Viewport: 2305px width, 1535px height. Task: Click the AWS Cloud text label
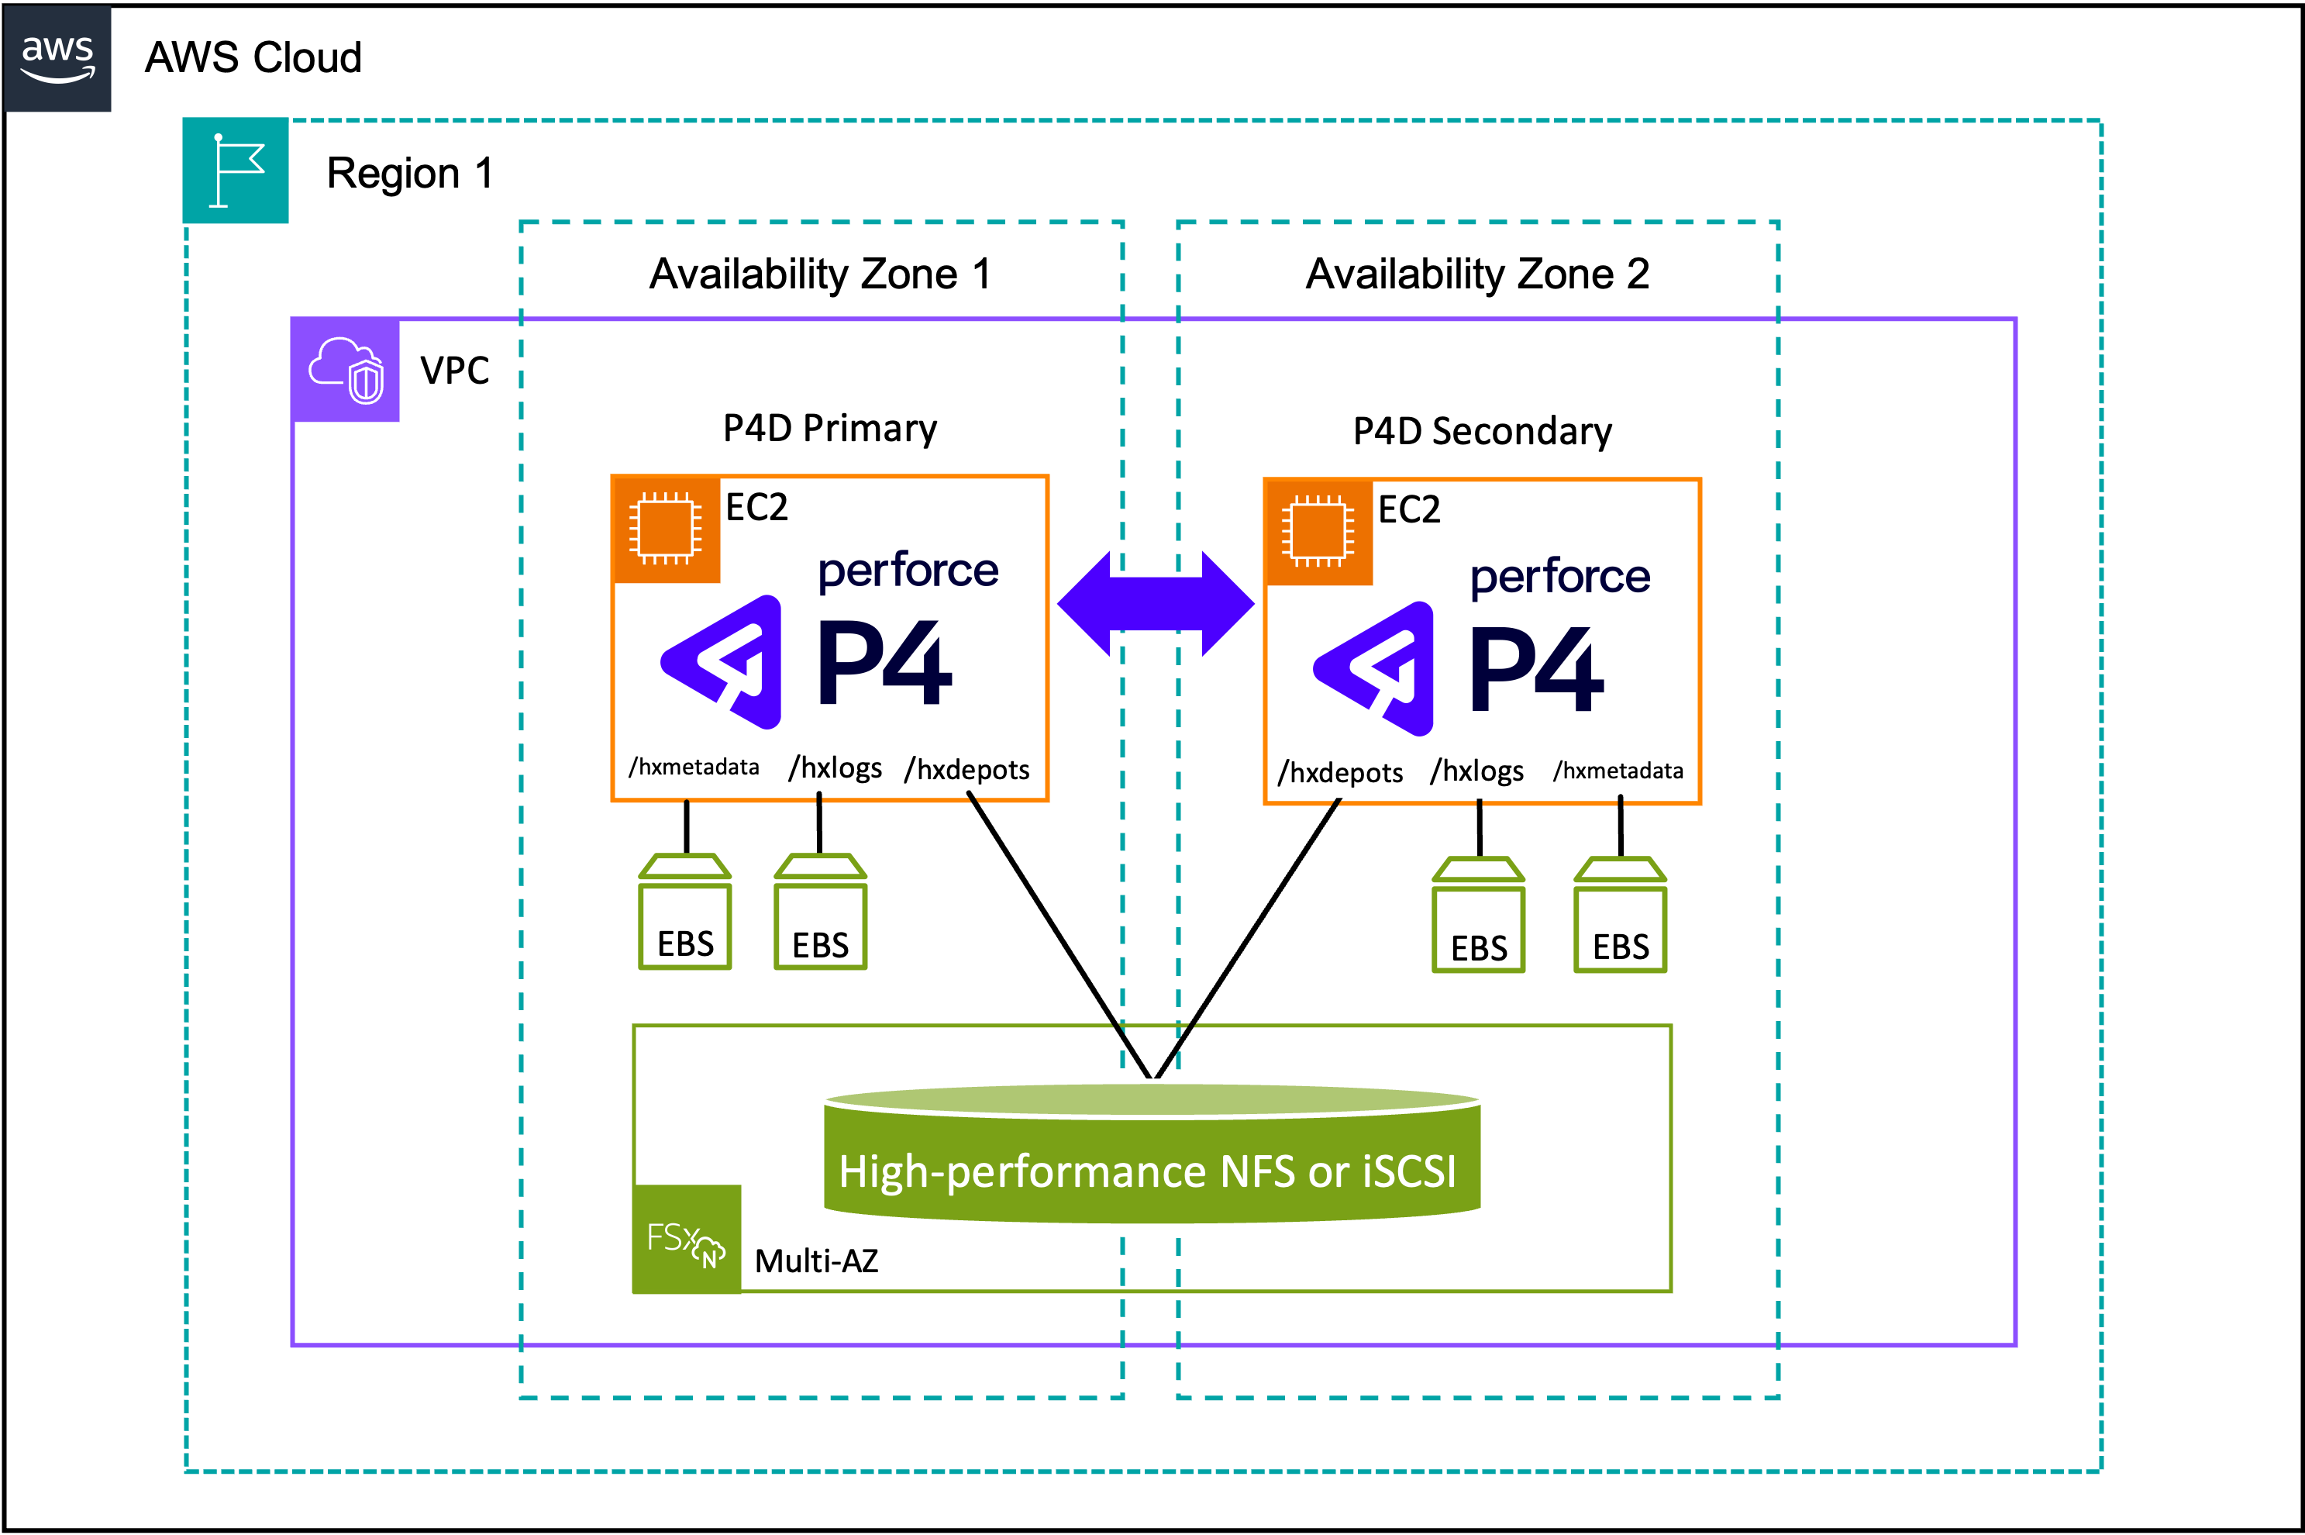(x=253, y=59)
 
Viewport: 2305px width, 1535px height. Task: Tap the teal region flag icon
(x=236, y=171)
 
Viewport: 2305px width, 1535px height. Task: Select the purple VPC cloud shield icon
(x=346, y=370)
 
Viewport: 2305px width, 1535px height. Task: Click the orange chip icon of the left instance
(x=666, y=529)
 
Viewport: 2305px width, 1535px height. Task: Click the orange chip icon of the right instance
(x=1318, y=533)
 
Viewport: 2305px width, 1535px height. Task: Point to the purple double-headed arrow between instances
(x=1155, y=603)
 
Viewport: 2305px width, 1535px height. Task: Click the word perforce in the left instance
(x=908, y=571)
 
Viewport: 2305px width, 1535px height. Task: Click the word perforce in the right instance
(x=1560, y=577)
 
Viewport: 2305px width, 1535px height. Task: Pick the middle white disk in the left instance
(x=835, y=761)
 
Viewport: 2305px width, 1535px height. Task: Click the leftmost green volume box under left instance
(x=684, y=912)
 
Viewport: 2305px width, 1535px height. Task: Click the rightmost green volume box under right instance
(x=1620, y=916)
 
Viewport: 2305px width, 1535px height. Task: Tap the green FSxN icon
(x=686, y=1240)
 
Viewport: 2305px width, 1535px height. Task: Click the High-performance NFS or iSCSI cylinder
(x=1152, y=1155)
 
